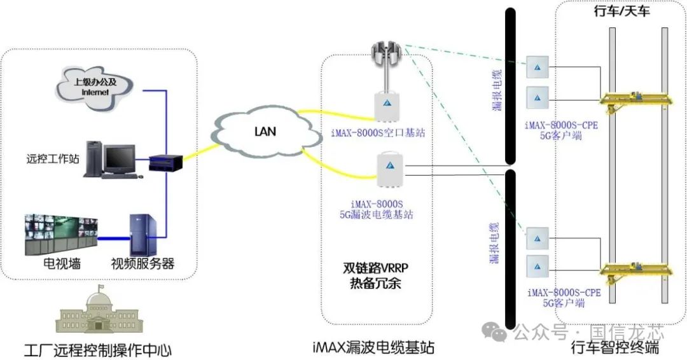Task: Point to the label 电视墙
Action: pyautogui.click(x=61, y=263)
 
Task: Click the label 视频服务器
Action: pyautogui.click(x=142, y=263)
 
